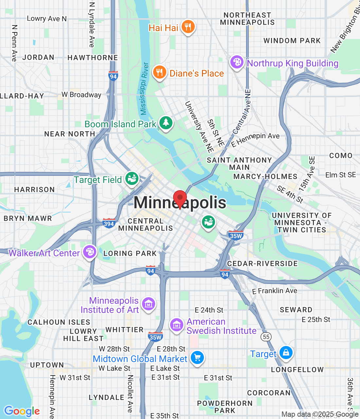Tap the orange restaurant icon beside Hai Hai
pyautogui.click(x=188, y=27)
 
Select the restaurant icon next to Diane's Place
pyautogui.click(x=159, y=72)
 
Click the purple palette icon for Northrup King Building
pyautogui.click(x=237, y=62)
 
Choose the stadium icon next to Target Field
pyautogui.click(x=132, y=179)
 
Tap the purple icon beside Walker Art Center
pyautogui.click(x=89, y=252)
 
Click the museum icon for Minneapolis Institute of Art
pyautogui.click(x=148, y=304)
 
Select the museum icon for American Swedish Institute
pyautogui.click(x=177, y=325)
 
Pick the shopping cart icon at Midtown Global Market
pyautogui.click(x=197, y=357)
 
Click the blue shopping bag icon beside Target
pyautogui.click(x=286, y=353)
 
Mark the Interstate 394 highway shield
pyautogui.click(x=109, y=224)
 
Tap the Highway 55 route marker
pyautogui.click(x=266, y=337)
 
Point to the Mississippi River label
pyautogui.click(x=144, y=89)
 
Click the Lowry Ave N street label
pyautogui.click(x=47, y=19)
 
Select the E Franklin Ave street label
pyautogui.click(x=275, y=291)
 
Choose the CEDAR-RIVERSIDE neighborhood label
pyautogui.click(x=262, y=264)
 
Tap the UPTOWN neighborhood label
pyautogui.click(x=47, y=365)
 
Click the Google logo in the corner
pyautogui.click(x=22, y=411)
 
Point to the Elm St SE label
pyautogui.click(x=340, y=175)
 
